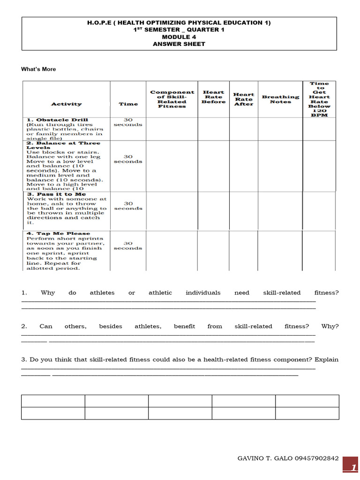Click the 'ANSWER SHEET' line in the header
179,44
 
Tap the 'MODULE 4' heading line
179,37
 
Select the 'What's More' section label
38,69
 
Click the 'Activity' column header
66,104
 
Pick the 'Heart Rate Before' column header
213,97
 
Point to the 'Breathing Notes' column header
280,99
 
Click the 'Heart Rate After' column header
243,99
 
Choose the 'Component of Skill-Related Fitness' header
172,99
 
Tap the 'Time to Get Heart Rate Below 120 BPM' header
319,99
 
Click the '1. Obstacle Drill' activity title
57,120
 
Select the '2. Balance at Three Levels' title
63,145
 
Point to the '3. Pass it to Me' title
56,194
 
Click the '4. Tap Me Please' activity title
58,233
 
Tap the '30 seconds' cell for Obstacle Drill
128,122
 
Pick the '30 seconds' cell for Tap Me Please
128,246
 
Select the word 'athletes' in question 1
102,293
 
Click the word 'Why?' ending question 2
330,326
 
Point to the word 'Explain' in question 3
327,360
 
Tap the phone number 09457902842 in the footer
316,458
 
